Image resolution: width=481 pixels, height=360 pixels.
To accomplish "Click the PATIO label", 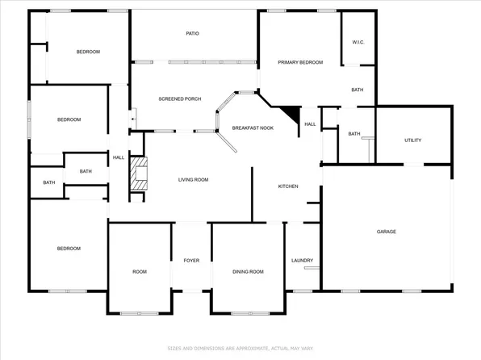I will point(192,33).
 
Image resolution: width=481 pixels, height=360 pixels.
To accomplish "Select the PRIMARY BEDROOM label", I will point(300,62).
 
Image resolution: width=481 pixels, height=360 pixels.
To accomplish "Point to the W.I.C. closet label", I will point(358,42).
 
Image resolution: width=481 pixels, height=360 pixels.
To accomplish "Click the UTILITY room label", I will point(412,140).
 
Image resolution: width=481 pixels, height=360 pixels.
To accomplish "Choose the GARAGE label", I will point(386,232).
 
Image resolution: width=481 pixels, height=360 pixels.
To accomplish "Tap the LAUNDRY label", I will point(302,260).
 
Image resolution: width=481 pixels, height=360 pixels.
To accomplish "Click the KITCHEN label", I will point(288,186).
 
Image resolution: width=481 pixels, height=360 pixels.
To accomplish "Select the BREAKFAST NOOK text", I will point(252,128).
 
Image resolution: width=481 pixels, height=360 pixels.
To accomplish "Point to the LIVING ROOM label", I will point(194,179).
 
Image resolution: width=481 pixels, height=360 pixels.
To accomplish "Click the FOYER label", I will point(191,260).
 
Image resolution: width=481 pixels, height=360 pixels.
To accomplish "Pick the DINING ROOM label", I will point(248,272).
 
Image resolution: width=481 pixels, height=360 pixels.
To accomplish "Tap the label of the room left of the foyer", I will point(140,272).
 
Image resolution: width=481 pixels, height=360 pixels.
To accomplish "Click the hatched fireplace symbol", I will point(140,173).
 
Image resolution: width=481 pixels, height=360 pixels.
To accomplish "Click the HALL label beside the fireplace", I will point(118,157).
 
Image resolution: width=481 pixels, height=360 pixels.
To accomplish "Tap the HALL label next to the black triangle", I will point(310,124).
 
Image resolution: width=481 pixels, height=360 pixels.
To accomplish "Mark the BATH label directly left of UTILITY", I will point(353,134).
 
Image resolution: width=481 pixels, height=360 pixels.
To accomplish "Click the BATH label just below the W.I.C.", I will point(357,90).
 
